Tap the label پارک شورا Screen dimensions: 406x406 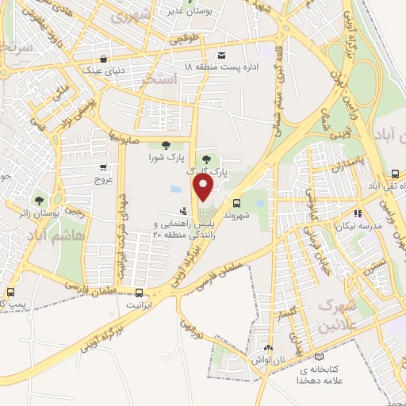[164, 156]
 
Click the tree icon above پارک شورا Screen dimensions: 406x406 [165, 144]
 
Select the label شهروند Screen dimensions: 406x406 [237, 214]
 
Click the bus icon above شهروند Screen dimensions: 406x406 [237, 202]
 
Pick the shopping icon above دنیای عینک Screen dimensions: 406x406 [104, 57]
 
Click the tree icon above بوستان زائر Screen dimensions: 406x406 [37, 199]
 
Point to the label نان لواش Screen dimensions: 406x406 [267, 360]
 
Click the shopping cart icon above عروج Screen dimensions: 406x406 [104, 167]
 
